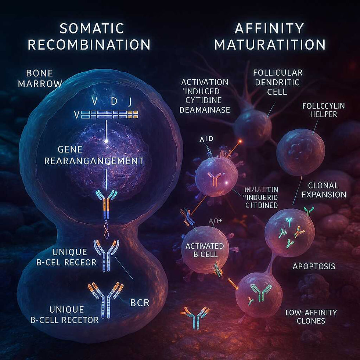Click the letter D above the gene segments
(114, 101)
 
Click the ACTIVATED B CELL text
(205, 250)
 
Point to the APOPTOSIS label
(314, 266)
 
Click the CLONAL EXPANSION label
(327, 190)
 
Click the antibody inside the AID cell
(214, 179)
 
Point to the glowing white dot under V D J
(106, 141)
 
